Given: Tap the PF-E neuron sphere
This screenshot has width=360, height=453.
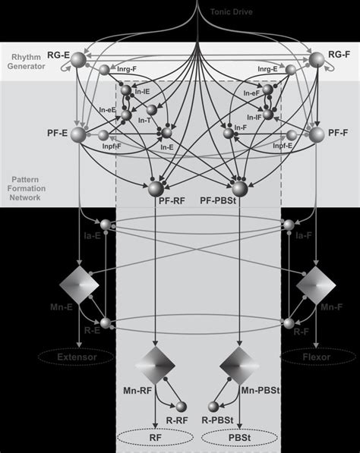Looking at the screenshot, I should [x=80, y=135].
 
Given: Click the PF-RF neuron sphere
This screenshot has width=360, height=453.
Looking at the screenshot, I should [x=157, y=188].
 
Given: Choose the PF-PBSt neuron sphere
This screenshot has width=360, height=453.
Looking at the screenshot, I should [x=240, y=188].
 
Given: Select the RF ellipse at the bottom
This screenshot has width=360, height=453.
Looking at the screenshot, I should [x=156, y=438].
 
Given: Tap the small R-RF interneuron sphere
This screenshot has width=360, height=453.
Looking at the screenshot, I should [x=182, y=407].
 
